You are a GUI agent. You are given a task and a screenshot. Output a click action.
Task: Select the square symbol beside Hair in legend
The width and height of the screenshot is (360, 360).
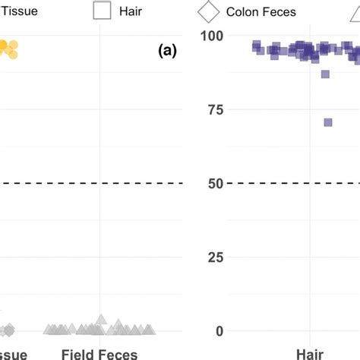pyautogui.click(x=103, y=11)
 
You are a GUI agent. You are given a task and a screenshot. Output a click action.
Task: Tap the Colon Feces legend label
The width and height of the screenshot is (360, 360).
pyautogui.click(x=261, y=11)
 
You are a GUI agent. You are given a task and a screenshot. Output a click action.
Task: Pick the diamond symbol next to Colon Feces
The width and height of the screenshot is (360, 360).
pyautogui.click(x=209, y=11)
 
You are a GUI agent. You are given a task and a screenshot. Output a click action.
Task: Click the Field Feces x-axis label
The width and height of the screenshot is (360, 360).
pyautogui.click(x=99, y=354)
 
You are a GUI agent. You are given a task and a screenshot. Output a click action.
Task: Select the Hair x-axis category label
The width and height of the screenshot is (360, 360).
pyautogui.click(x=310, y=354)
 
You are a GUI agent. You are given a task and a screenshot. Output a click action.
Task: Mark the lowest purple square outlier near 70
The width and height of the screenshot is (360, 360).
pyautogui.click(x=328, y=122)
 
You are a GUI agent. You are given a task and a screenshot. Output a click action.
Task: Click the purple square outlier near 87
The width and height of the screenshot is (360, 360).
pyautogui.click(x=325, y=74)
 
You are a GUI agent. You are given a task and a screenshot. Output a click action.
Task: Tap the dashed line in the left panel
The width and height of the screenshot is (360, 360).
pyautogui.click(x=91, y=183)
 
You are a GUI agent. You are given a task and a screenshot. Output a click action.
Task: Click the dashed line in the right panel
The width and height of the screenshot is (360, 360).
pyautogui.click(x=289, y=183)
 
